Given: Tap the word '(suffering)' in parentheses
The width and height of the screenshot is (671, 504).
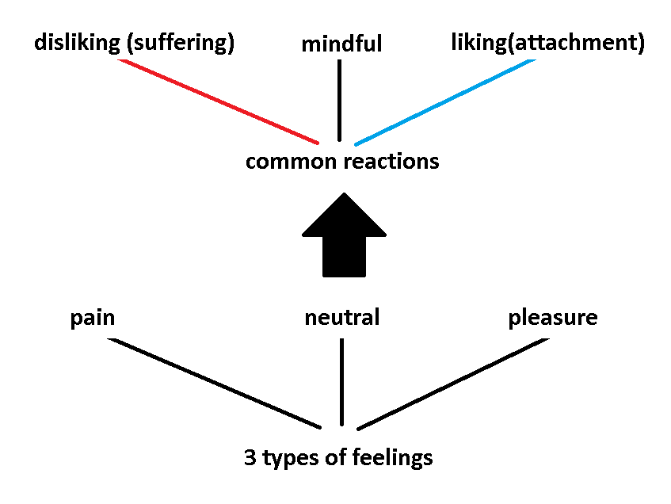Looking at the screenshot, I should [x=180, y=43].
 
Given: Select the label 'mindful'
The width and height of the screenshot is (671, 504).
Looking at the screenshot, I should [x=341, y=44].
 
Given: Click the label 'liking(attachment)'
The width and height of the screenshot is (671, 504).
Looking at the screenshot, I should [x=547, y=43].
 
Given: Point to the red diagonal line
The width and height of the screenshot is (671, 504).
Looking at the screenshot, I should [x=218, y=101].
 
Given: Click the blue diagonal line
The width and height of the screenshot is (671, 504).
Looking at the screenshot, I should [x=445, y=101].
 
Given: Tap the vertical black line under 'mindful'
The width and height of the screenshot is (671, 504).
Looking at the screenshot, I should [x=340, y=100].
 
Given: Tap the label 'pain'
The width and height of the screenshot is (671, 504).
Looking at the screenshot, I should [x=93, y=319].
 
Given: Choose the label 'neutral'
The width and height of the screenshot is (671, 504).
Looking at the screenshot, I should [x=342, y=319].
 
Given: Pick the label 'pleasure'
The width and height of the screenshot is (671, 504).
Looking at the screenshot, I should [x=553, y=319].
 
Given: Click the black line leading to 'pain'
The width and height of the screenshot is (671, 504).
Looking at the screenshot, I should [x=214, y=383].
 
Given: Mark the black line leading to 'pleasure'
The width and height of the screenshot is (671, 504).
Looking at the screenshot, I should [x=453, y=384].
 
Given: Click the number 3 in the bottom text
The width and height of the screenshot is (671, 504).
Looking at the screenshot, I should [x=250, y=458].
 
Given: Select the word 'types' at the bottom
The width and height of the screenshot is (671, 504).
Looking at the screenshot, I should [x=289, y=459].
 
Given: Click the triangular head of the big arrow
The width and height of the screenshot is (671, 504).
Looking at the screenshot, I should [x=345, y=218].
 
